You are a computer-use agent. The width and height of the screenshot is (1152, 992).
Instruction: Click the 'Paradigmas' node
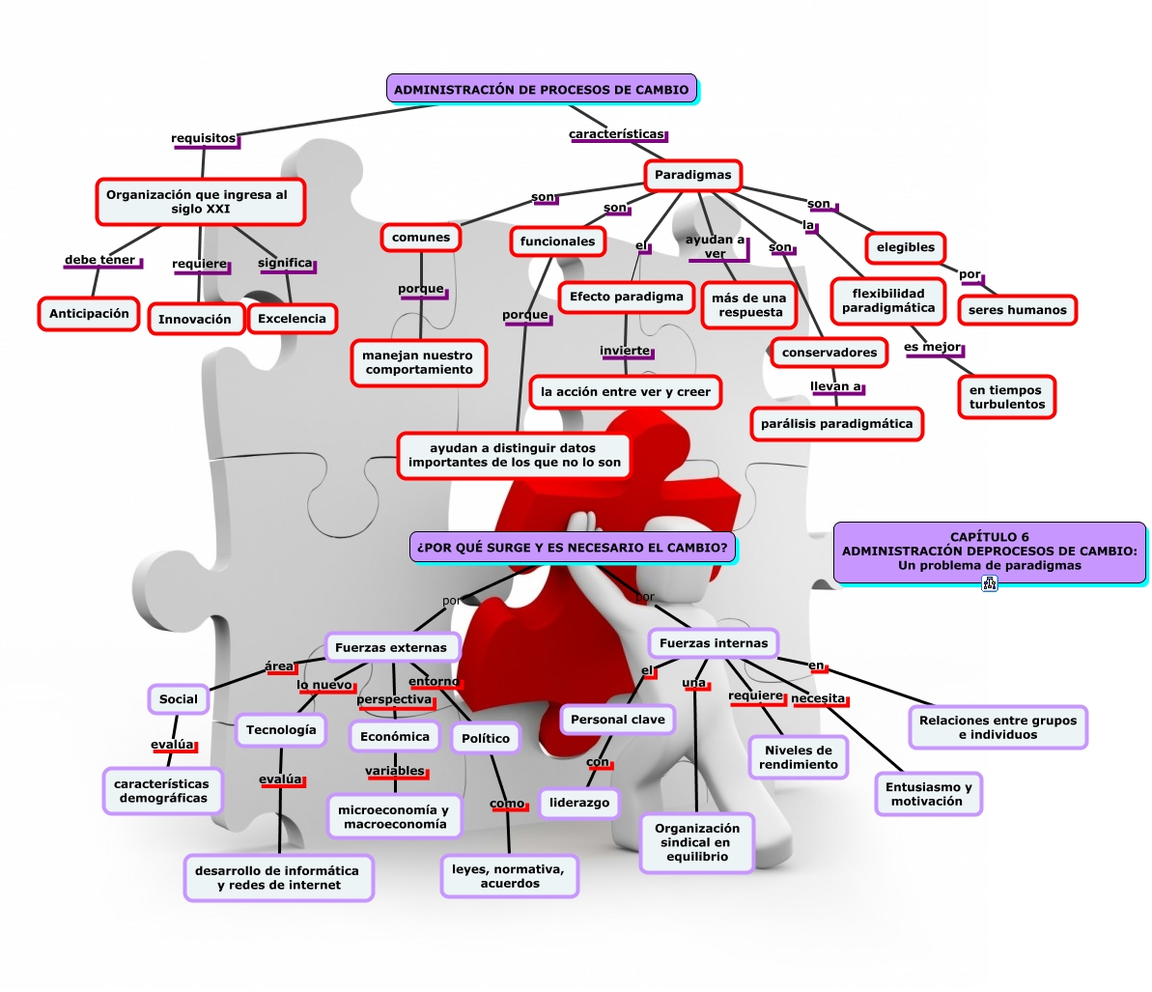692,175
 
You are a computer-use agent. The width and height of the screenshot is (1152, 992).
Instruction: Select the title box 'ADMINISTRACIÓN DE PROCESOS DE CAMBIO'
541,89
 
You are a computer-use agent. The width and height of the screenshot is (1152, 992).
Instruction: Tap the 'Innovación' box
195,319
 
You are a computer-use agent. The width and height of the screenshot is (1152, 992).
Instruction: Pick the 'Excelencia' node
292,318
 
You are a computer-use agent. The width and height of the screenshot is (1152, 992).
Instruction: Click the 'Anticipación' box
89,314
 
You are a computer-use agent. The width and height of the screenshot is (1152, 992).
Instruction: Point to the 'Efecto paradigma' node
626,297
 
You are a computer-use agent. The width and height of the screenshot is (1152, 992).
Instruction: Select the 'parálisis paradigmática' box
836,423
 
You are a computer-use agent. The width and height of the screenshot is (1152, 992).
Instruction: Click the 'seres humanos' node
1017,310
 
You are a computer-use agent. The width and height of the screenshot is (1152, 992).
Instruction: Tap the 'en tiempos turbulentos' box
1007,397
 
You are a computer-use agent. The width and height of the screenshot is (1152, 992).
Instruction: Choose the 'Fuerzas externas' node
391,647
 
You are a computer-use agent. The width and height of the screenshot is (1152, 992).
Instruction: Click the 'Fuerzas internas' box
714,642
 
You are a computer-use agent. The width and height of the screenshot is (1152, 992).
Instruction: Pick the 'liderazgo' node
579,803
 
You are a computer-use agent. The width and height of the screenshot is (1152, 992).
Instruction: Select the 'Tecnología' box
281,730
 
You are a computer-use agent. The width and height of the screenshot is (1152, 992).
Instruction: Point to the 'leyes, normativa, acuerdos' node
510,876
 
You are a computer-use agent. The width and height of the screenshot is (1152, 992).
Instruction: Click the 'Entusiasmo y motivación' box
927,794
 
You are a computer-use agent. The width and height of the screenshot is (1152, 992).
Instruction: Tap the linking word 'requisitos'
203,138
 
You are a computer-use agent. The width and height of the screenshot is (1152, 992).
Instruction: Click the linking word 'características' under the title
616,134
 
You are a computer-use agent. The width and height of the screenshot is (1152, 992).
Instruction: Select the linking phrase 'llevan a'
835,386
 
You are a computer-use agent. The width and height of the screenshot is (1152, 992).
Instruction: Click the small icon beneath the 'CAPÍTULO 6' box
989,583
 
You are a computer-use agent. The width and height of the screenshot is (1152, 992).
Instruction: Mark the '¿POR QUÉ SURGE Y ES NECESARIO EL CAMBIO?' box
573,547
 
